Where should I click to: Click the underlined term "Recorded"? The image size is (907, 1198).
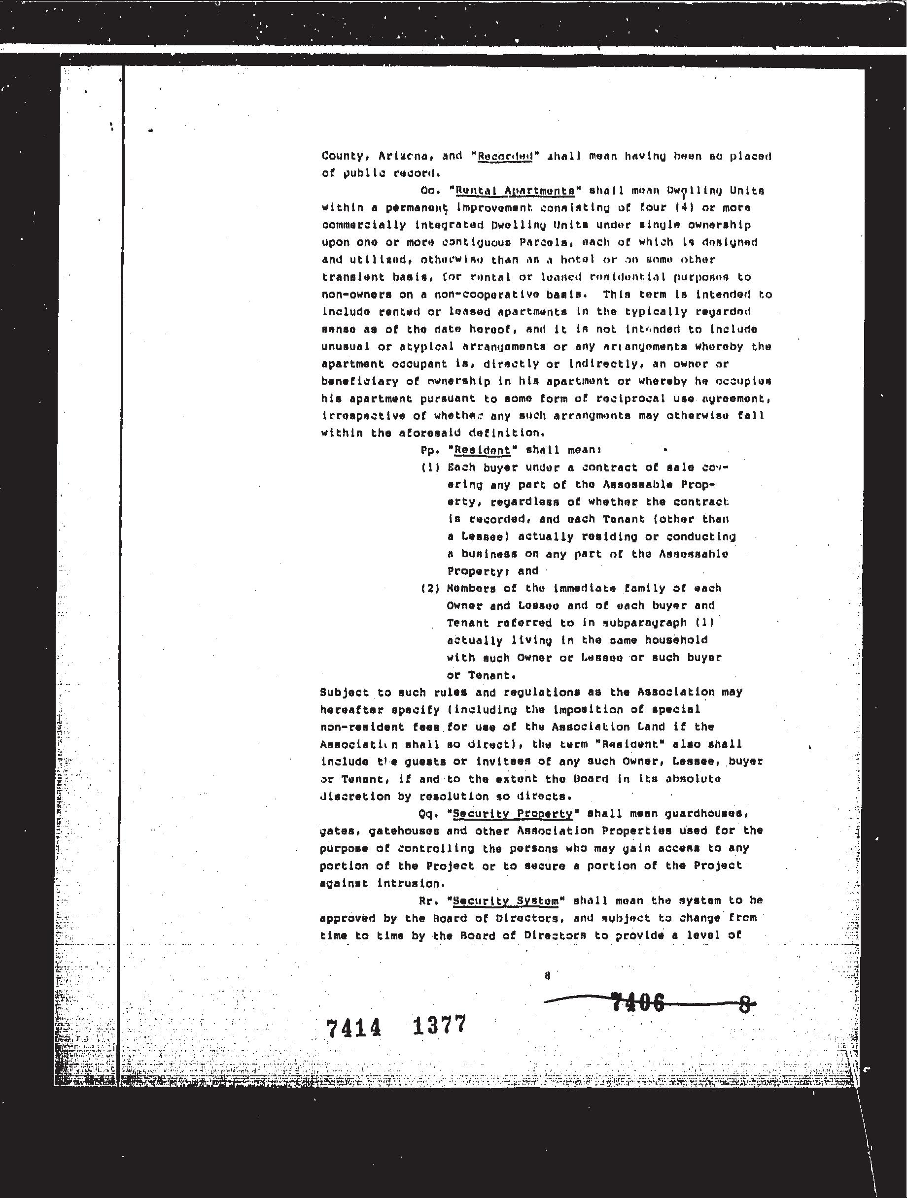[x=504, y=157]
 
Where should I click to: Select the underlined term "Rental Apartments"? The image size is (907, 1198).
[x=515, y=191]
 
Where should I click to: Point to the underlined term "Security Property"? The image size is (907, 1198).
[x=512, y=813]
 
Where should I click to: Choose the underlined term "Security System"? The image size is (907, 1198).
[x=505, y=901]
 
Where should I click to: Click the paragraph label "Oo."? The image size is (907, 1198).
[x=430, y=191]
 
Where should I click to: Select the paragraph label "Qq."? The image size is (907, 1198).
[x=429, y=813]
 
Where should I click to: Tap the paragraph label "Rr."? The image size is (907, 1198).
[x=428, y=901]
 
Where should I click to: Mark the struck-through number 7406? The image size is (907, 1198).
[x=637, y=1003]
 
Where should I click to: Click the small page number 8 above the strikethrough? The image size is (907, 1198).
[x=548, y=975]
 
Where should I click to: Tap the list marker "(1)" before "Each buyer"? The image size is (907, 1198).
[x=430, y=467]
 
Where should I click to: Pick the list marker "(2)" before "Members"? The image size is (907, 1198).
[x=430, y=589]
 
